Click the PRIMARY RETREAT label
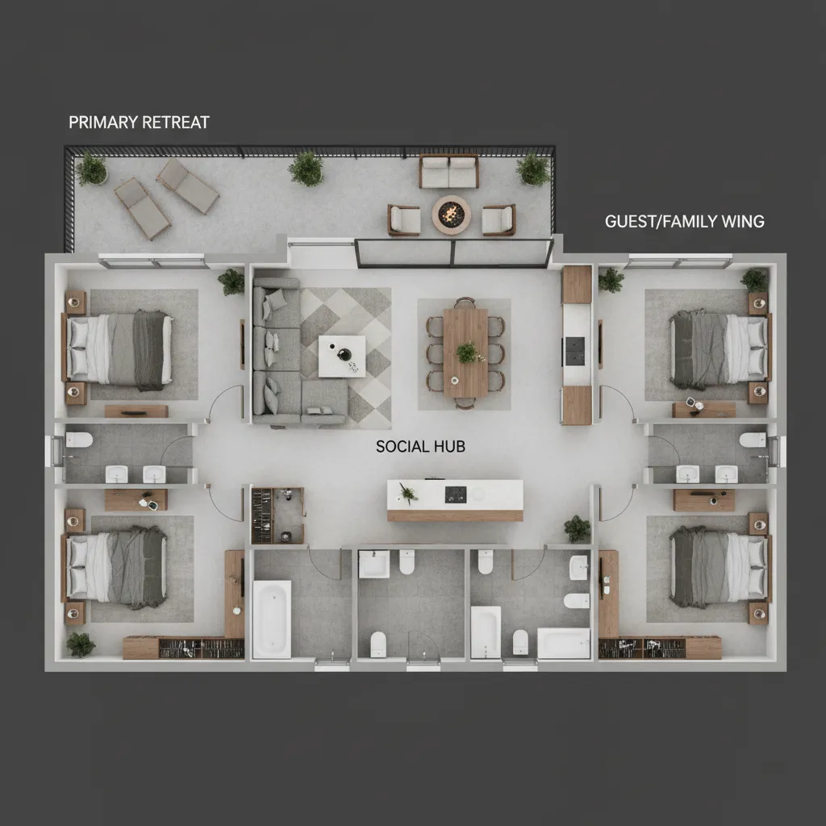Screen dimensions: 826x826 click(139, 123)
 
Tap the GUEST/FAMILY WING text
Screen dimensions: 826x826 click(684, 221)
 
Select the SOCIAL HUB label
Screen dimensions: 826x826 click(420, 446)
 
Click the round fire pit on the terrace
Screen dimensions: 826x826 click(450, 215)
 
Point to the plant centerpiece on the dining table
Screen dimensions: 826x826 click(465, 352)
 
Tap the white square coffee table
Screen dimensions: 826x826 click(342, 356)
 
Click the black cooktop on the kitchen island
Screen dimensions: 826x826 click(457, 492)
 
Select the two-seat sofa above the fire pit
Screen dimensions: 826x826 click(448, 171)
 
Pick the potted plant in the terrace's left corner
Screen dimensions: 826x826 click(91, 169)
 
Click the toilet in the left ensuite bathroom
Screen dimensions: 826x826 click(79, 440)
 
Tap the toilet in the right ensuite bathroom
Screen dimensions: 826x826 click(753, 440)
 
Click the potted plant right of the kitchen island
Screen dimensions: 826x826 click(577, 528)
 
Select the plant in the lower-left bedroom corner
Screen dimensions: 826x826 click(81, 644)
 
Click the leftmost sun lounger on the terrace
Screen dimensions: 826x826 click(142, 207)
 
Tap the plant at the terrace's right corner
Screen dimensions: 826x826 click(533, 169)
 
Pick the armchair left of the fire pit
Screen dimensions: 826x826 click(404, 219)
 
